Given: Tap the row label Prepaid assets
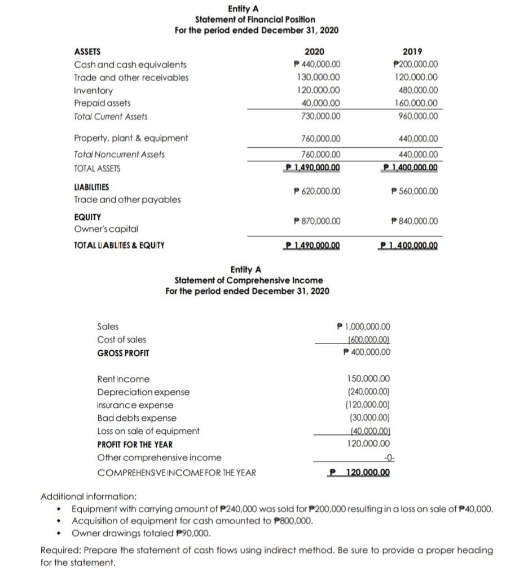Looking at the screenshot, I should tap(102, 103).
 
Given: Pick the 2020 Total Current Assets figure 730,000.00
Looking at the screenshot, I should tap(318, 116).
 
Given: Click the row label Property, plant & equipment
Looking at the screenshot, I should tap(131, 138).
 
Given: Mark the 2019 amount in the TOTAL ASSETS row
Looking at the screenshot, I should tap(410, 168).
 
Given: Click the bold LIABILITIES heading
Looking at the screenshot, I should tap(92, 187).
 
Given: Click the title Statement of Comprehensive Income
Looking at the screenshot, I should tap(249, 280).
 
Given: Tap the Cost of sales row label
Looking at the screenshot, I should tap(121, 340).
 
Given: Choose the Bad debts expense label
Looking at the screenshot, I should tap(137, 418).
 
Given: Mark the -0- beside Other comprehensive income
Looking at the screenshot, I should tap(384, 457).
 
